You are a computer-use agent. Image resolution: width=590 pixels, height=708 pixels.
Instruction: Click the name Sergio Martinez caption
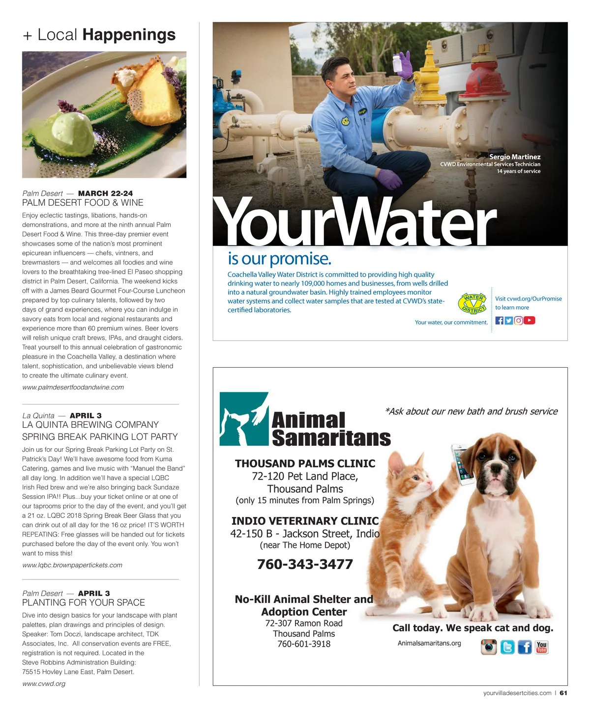pyautogui.click(x=514, y=157)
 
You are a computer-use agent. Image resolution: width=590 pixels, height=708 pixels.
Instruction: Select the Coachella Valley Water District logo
pyautogui.click(x=473, y=303)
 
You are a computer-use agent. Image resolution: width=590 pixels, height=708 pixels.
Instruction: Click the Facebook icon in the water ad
pyautogui.click(x=499, y=321)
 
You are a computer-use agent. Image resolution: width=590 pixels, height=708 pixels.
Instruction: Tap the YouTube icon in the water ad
pyautogui.click(x=529, y=321)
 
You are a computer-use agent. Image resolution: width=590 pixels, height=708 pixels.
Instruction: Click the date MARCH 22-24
pyautogui.click(x=105, y=193)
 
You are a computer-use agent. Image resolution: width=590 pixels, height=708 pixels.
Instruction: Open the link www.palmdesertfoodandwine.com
pyautogui.click(x=73, y=387)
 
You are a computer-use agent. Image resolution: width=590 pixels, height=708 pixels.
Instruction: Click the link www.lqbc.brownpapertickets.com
pyautogui.click(x=72, y=565)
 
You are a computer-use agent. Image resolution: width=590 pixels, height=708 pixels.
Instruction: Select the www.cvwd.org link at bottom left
pyautogui.click(x=44, y=683)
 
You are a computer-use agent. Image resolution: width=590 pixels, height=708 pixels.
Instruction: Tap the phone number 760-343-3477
pyautogui.click(x=305, y=564)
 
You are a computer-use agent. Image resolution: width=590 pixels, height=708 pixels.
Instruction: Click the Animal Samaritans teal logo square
pyautogui.click(x=243, y=419)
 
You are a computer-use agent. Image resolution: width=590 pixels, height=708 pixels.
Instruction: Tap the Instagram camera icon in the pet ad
pyautogui.click(x=488, y=647)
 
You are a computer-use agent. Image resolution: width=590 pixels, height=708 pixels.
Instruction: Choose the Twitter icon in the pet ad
pyautogui.click(x=507, y=647)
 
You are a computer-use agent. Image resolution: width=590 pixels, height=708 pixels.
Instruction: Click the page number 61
pyautogui.click(x=563, y=693)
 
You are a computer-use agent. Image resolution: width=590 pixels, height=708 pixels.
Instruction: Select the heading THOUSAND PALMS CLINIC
pyautogui.click(x=305, y=463)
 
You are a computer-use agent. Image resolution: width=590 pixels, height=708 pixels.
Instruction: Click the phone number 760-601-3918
pyautogui.click(x=304, y=644)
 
